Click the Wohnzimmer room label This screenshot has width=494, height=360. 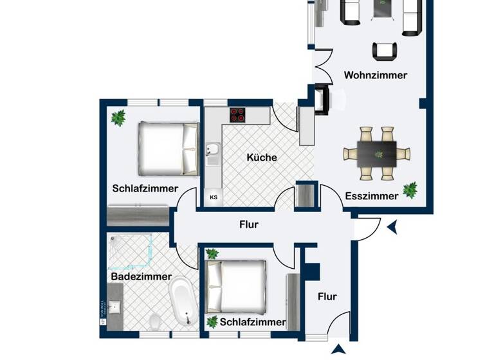click(x=375, y=75)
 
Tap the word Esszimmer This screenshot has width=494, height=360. click(x=371, y=196)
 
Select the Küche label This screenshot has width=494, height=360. click(x=262, y=157)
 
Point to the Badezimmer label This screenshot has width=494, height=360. click(x=141, y=276)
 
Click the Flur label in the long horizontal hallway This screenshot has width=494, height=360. click(x=248, y=224)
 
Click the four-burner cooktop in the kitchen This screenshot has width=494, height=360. click(x=238, y=115)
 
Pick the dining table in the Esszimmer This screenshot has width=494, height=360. click(x=376, y=154)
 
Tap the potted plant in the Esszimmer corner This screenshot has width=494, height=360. click(x=410, y=190)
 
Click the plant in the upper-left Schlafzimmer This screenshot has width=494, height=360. click(x=118, y=118)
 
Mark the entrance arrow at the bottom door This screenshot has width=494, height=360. click(x=338, y=350)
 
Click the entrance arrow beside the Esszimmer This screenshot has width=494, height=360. click(x=392, y=226)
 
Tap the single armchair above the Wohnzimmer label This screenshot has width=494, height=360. click(x=383, y=50)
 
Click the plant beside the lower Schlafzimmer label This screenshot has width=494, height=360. click(x=212, y=321)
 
